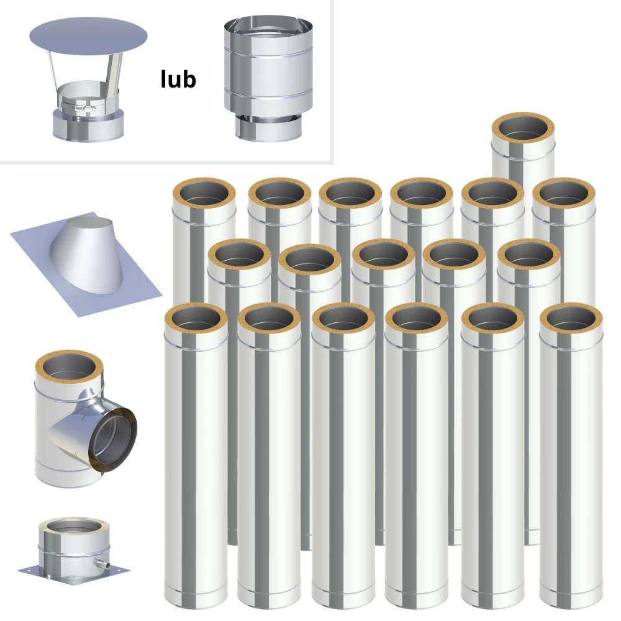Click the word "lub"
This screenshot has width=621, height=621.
178,79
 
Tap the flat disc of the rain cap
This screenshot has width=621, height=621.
88,37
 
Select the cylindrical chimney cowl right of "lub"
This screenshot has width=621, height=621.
268,78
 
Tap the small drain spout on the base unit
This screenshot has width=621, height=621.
101,561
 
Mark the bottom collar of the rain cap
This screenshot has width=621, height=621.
89,126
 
